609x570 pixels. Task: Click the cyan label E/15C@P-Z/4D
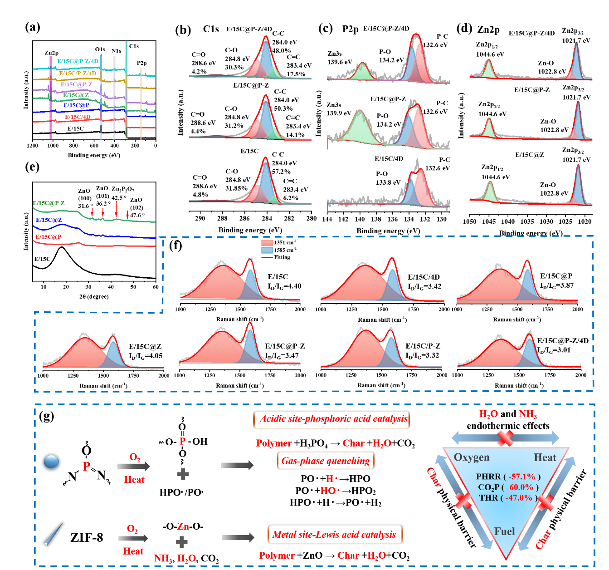click(78, 61)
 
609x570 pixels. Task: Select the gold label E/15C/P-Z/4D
click(78, 73)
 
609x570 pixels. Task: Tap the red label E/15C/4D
click(78, 117)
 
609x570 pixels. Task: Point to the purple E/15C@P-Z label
click(76, 84)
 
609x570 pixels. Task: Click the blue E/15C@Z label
click(49, 220)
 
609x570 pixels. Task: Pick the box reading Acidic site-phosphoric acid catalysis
click(331, 419)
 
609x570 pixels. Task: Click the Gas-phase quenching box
click(326, 462)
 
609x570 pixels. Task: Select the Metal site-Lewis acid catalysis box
click(335, 535)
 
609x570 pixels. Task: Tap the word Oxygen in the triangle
click(472, 457)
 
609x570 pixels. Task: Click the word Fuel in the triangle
click(505, 531)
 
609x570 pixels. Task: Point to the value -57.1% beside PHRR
click(522, 477)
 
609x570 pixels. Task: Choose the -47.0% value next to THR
click(519, 497)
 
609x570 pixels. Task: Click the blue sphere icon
click(51, 462)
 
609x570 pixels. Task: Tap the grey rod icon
click(54, 535)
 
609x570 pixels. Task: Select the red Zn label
click(183, 526)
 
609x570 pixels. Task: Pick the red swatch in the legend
click(267, 243)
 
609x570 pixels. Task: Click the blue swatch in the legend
click(267, 250)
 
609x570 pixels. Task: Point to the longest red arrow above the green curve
click(117, 209)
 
